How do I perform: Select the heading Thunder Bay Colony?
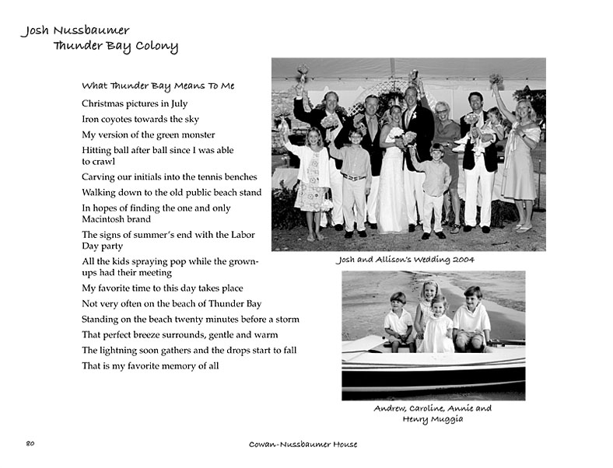[x=115, y=47]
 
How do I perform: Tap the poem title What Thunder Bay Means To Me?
[x=158, y=86]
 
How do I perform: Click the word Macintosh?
[x=105, y=219]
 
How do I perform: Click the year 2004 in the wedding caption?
[x=462, y=260]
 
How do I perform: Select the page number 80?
[x=30, y=444]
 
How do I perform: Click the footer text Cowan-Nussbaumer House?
[x=303, y=445]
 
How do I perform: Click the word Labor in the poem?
[x=242, y=235]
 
